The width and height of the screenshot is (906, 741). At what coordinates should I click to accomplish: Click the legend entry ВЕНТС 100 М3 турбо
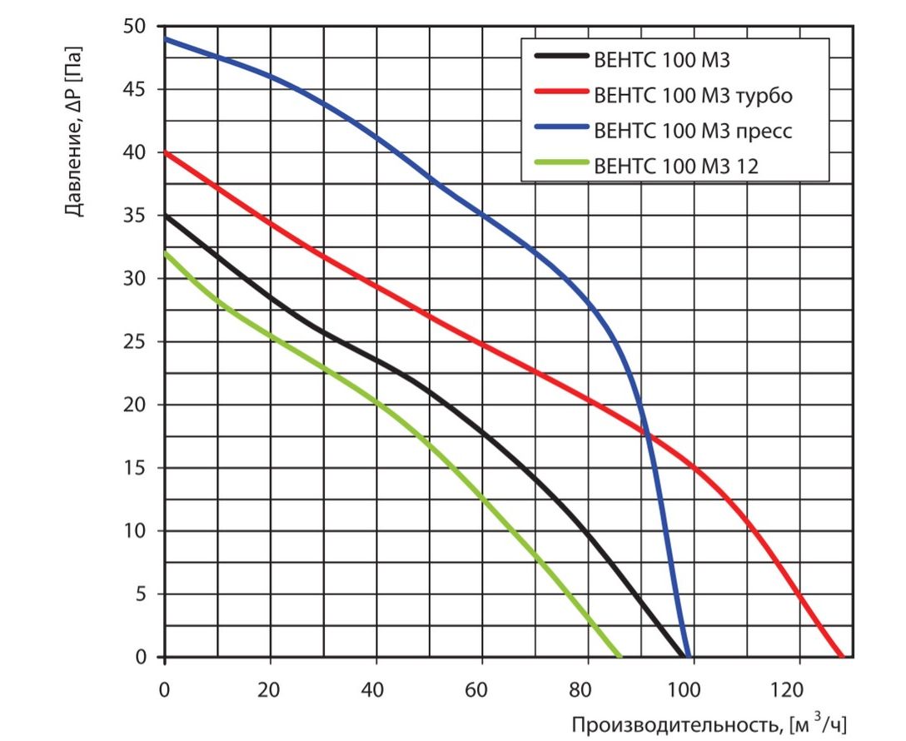(x=693, y=95)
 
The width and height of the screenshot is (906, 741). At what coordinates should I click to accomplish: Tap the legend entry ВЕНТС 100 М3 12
(x=675, y=166)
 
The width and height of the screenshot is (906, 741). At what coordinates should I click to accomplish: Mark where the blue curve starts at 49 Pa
(x=166, y=39)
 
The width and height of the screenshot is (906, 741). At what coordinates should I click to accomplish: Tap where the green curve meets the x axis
(x=620, y=657)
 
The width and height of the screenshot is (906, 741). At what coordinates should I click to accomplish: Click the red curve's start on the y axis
(x=166, y=152)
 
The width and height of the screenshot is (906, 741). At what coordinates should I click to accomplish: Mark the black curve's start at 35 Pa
(x=166, y=216)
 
